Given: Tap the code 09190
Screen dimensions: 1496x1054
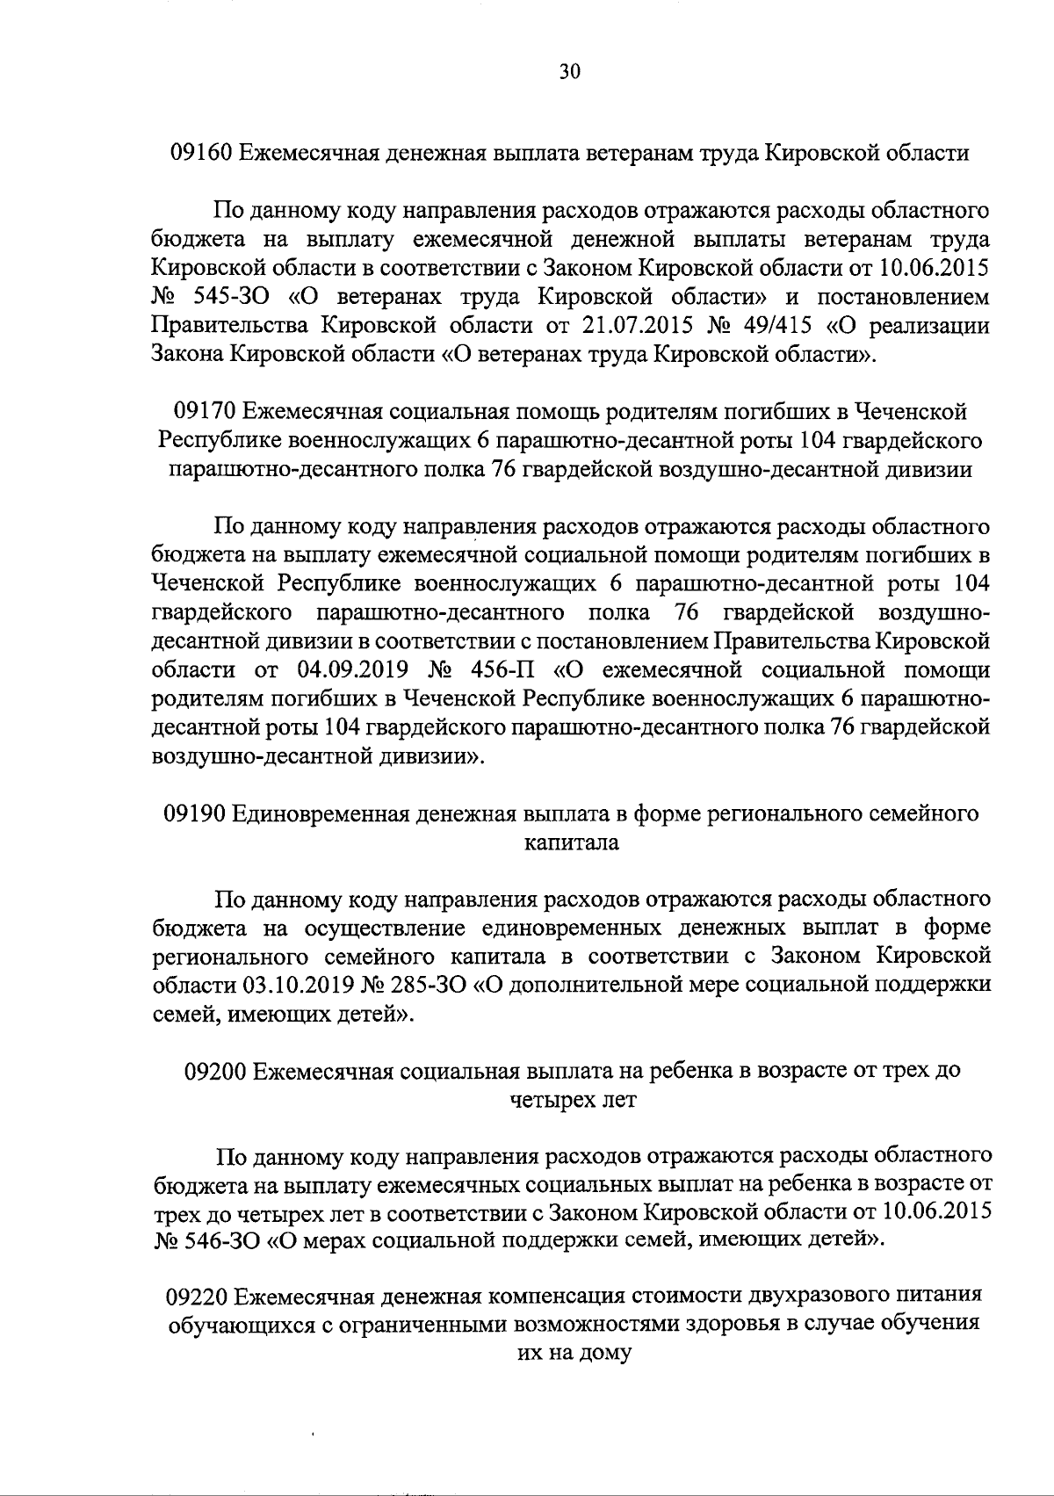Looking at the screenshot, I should coord(194,813).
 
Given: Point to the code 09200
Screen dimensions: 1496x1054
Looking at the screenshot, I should coord(216,1071).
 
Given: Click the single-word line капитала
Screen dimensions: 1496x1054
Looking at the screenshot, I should coord(571,842).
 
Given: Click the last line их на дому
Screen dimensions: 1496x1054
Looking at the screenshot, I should coord(572,1353).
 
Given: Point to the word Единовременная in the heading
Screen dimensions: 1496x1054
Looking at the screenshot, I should coord(321,813).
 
